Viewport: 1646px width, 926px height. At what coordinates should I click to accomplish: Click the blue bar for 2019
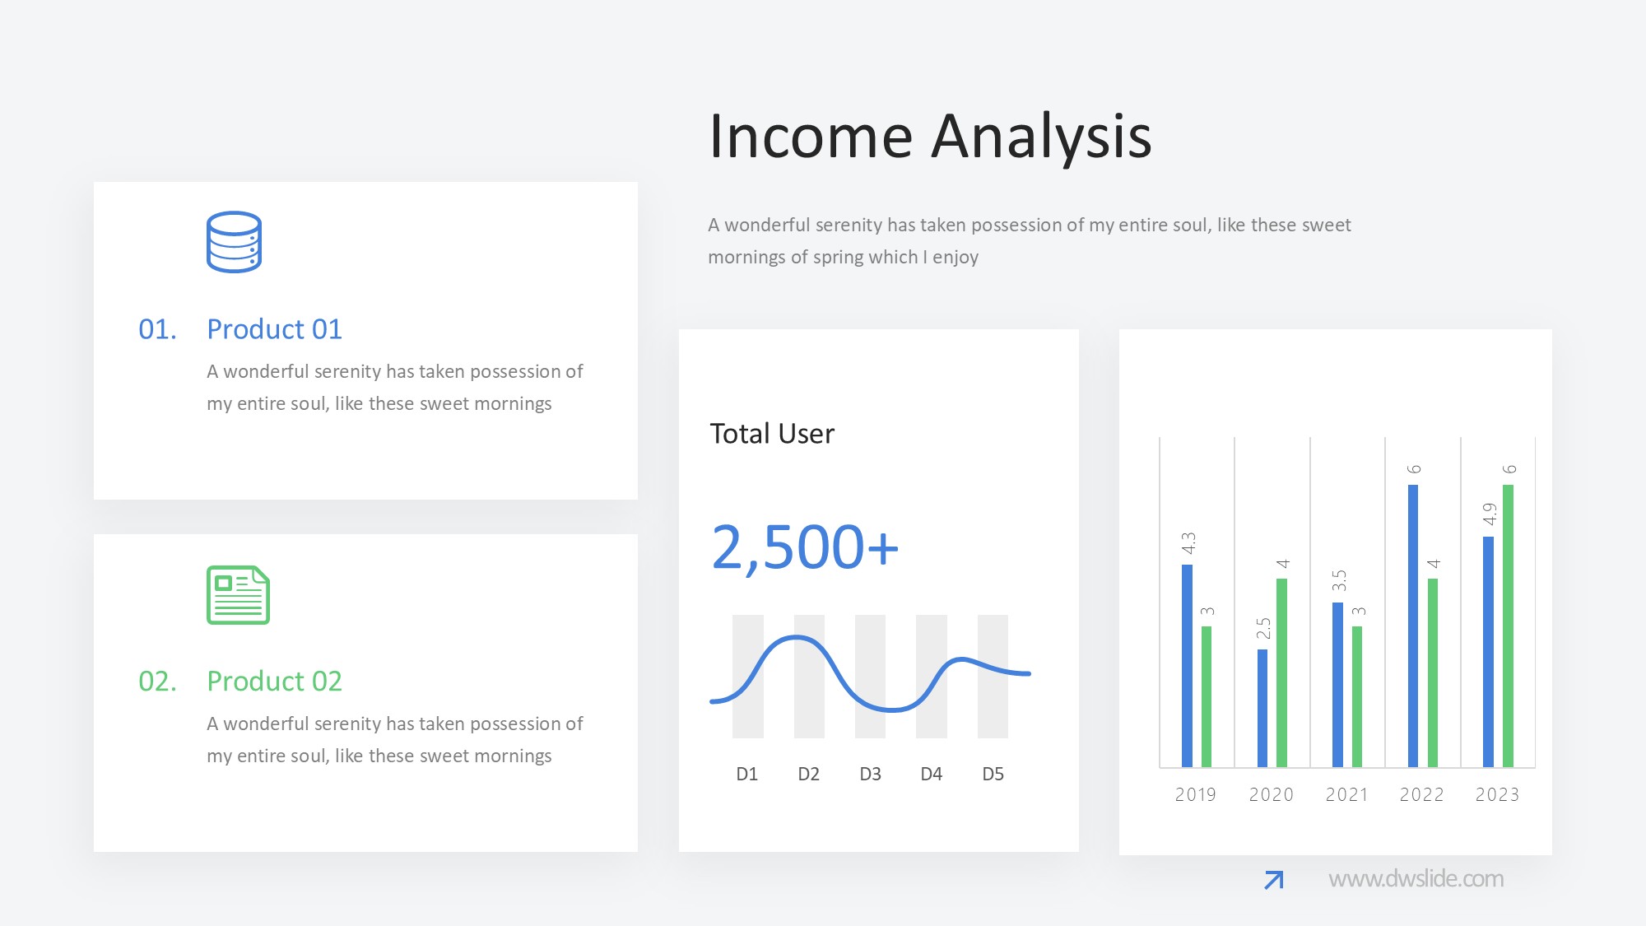(x=1187, y=665)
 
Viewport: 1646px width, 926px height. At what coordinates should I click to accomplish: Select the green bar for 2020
(x=1281, y=672)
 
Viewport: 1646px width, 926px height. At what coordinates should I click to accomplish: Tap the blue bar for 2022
(x=1413, y=626)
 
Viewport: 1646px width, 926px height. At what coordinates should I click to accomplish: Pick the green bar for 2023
(x=1508, y=626)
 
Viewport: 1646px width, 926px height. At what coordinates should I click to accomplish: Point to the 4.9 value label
(x=1489, y=514)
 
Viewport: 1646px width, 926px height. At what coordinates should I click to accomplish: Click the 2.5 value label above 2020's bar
(x=1263, y=628)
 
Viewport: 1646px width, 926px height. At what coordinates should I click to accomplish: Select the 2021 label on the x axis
(x=1346, y=794)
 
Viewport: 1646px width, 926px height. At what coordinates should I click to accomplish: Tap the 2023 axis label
(x=1497, y=794)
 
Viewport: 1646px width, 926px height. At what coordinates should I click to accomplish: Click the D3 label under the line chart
(x=870, y=774)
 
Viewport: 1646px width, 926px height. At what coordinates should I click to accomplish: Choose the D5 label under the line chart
(x=993, y=774)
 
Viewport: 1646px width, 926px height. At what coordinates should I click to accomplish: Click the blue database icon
(x=234, y=242)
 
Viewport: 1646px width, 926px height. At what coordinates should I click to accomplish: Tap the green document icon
(x=238, y=595)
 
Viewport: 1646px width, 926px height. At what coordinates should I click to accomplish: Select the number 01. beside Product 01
(x=157, y=329)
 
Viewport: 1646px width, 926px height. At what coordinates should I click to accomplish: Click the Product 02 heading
(x=274, y=681)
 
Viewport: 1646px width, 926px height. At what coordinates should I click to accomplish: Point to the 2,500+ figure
(x=805, y=547)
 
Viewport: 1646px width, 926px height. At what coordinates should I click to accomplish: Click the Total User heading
(x=772, y=433)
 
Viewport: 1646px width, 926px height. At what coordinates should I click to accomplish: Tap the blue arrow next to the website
(x=1274, y=880)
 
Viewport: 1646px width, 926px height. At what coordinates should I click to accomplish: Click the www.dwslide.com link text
(x=1416, y=879)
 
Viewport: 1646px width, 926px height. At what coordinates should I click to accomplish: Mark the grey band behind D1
(x=747, y=677)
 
